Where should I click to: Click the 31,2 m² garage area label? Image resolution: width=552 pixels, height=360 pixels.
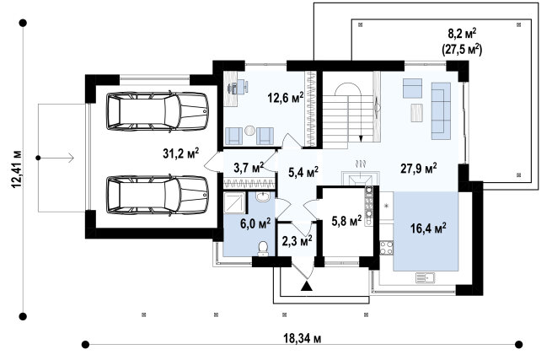(x=181, y=153)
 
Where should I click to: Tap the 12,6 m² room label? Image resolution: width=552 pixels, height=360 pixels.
(x=286, y=97)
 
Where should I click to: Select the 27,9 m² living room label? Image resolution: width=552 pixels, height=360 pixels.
(x=419, y=168)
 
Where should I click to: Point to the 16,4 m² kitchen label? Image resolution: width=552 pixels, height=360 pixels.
(x=428, y=228)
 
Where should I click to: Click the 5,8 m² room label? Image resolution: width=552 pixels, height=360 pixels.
(x=346, y=221)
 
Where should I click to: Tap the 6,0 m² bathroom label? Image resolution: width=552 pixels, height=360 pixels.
(x=255, y=223)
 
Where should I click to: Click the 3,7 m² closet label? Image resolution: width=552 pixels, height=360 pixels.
(x=249, y=167)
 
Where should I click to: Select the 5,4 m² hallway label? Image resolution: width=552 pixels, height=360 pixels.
(x=303, y=172)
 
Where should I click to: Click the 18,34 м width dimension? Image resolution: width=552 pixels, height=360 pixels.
(x=303, y=339)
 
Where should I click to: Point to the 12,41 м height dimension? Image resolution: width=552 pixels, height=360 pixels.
(x=17, y=169)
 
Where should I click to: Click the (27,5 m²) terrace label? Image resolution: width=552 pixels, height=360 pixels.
(x=462, y=49)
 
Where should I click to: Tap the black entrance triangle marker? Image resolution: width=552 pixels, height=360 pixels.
(x=307, y=286)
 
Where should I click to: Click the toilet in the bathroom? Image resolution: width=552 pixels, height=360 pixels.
(x=263, y=249)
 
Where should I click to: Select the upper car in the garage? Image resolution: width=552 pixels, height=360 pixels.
(x=158, y=111)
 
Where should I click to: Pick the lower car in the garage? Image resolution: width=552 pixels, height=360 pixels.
(x=158, y=195)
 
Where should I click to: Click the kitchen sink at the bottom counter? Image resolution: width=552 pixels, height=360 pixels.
(x=426, y=278)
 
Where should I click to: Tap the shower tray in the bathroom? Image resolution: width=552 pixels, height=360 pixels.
(x=235, y=203)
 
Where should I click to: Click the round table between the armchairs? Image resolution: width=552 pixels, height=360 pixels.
(x=250, y=131)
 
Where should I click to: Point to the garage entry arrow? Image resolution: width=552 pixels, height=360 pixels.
(x=56, y=158)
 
